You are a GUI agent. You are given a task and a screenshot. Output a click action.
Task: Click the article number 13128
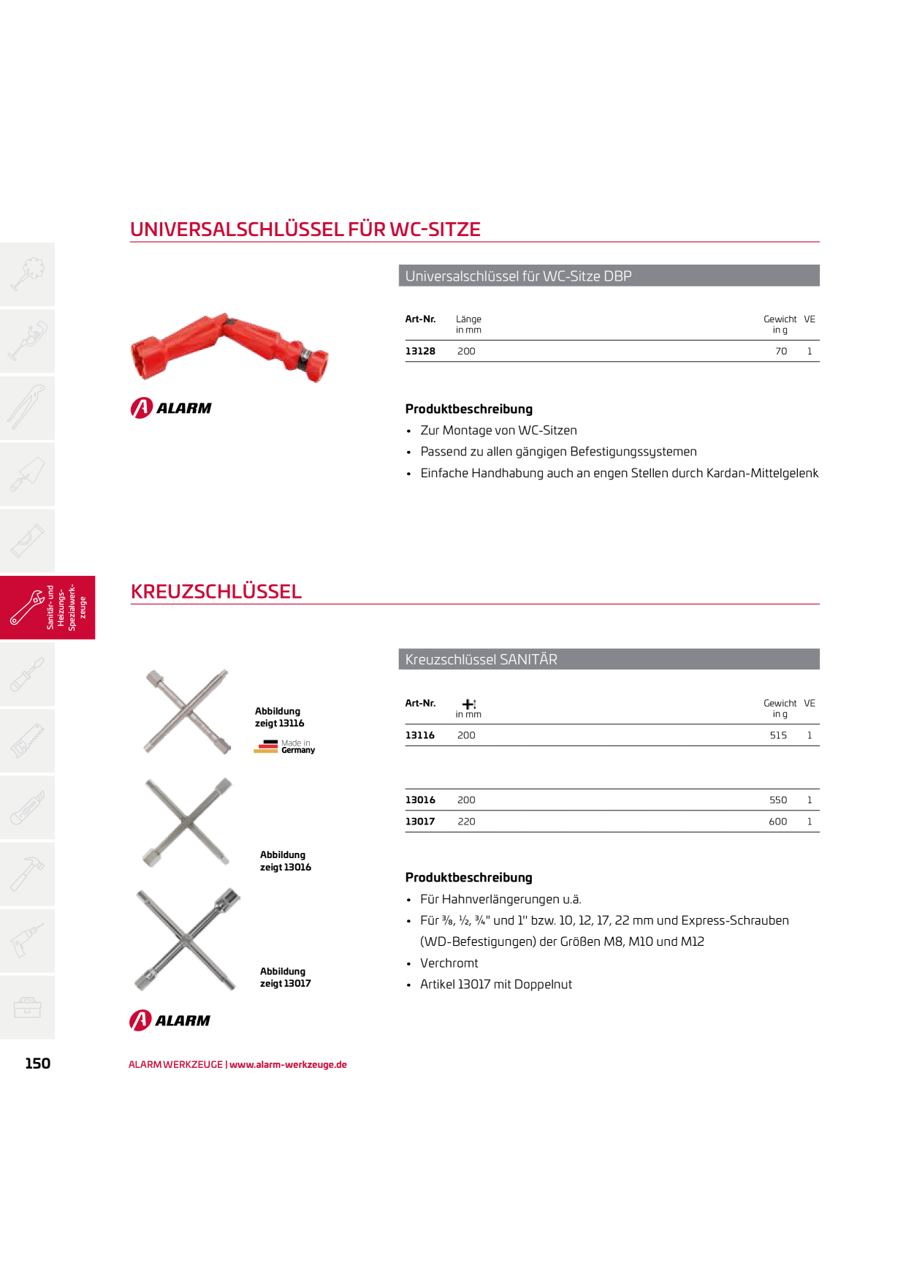point(420,352)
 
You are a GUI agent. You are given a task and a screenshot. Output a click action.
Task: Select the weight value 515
point(778,735)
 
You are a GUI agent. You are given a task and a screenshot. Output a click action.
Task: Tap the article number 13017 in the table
point(420,822)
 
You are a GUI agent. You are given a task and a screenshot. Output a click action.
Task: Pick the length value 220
point(466,822)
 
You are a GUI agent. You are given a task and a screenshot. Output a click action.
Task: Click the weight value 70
point(781,352)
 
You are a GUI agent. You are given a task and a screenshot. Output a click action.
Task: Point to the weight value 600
point(778,822)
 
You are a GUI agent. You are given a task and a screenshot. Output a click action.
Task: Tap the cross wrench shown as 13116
point(188,711)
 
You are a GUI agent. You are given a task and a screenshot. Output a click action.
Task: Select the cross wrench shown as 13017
point(188,940)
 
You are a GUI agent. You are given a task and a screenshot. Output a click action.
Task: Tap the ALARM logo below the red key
point(171,408)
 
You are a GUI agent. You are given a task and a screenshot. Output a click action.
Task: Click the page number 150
point(38,1063)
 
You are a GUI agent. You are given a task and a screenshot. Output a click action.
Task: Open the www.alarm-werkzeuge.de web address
point(288,1065)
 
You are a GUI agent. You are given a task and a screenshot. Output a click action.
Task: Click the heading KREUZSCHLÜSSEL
point(216,591)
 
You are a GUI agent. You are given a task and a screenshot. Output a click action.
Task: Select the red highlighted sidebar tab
point(47,607)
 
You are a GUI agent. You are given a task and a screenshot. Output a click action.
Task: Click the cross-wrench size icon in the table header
point(469,704)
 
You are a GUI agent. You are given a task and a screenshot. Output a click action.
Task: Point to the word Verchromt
point(449,963)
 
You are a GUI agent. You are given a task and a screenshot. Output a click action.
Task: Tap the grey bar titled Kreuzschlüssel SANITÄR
point(609,659)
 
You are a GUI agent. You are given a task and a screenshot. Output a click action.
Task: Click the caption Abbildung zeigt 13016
point(286,861)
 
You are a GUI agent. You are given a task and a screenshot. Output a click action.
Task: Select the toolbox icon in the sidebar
point(27,1007)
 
